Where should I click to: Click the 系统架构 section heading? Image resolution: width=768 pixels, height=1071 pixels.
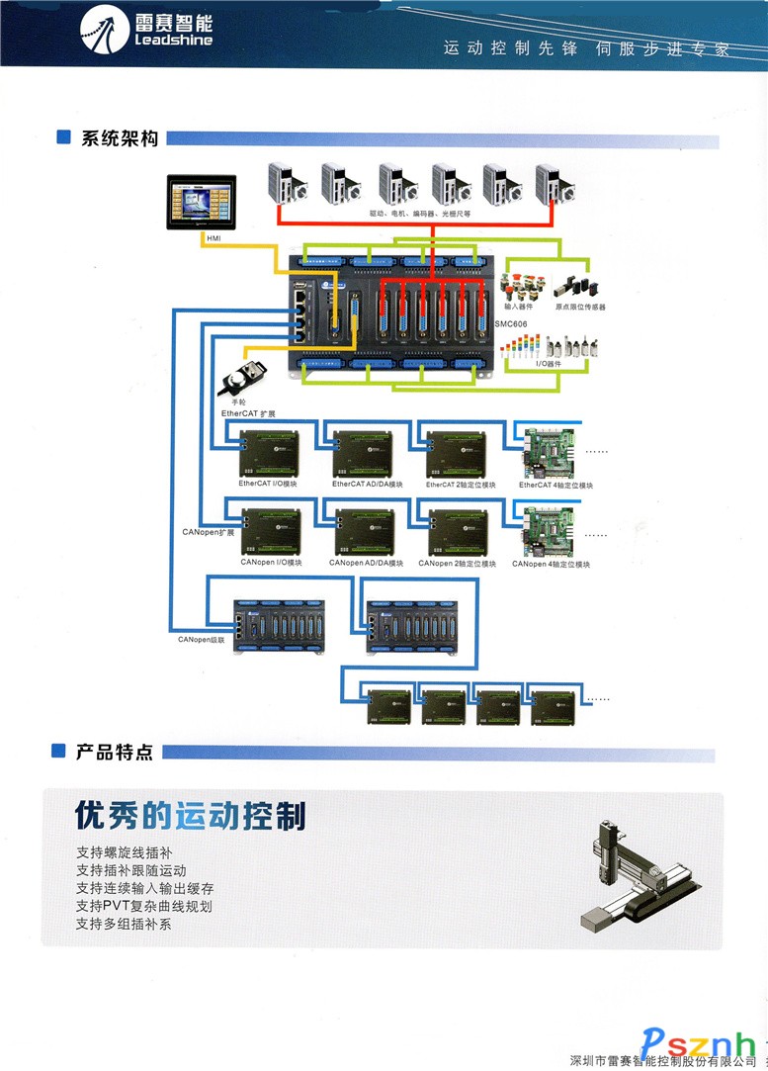(x=120, y=139)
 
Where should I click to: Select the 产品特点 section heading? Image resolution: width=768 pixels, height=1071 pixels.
(x=115, y=754)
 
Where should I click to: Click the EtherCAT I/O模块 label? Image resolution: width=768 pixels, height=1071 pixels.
(x=268, y=485)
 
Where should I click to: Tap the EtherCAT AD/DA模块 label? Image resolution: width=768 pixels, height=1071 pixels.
(x=368, y=485)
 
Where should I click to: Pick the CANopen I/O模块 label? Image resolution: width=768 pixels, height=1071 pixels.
(x=271, y=563)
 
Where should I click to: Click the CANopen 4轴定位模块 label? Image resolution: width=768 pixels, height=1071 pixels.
(x=551, y=564)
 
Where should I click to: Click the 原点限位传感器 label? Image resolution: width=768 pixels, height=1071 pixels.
(x=579, y=307)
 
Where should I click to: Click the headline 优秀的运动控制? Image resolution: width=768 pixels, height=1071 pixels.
(x=191, y=817)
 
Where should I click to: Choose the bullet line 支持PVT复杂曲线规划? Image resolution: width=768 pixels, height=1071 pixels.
(x=144, y=905)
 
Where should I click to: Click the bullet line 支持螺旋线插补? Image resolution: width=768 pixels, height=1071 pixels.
(x=130, y=851)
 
